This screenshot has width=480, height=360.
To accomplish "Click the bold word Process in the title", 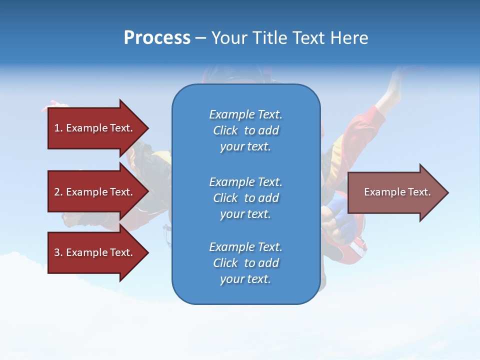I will (157, 38).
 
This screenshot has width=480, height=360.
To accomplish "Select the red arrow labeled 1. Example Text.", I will (95, 128).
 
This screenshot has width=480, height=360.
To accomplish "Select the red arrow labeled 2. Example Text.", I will (95, 192).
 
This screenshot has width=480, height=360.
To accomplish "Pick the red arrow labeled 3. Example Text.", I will (95, 252).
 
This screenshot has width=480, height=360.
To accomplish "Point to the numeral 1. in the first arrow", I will (58, 128).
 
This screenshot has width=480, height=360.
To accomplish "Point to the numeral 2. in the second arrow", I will (58, 192).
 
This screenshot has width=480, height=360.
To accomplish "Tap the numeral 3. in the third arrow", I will (58, 252).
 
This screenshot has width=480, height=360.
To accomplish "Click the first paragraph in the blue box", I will (245, 130).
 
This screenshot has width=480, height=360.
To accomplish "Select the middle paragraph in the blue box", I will (245, 198).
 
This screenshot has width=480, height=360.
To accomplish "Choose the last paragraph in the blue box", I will (245, 263).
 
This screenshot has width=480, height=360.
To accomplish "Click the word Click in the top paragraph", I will (225, 130).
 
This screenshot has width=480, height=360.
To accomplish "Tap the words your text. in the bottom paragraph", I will (245, 279).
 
